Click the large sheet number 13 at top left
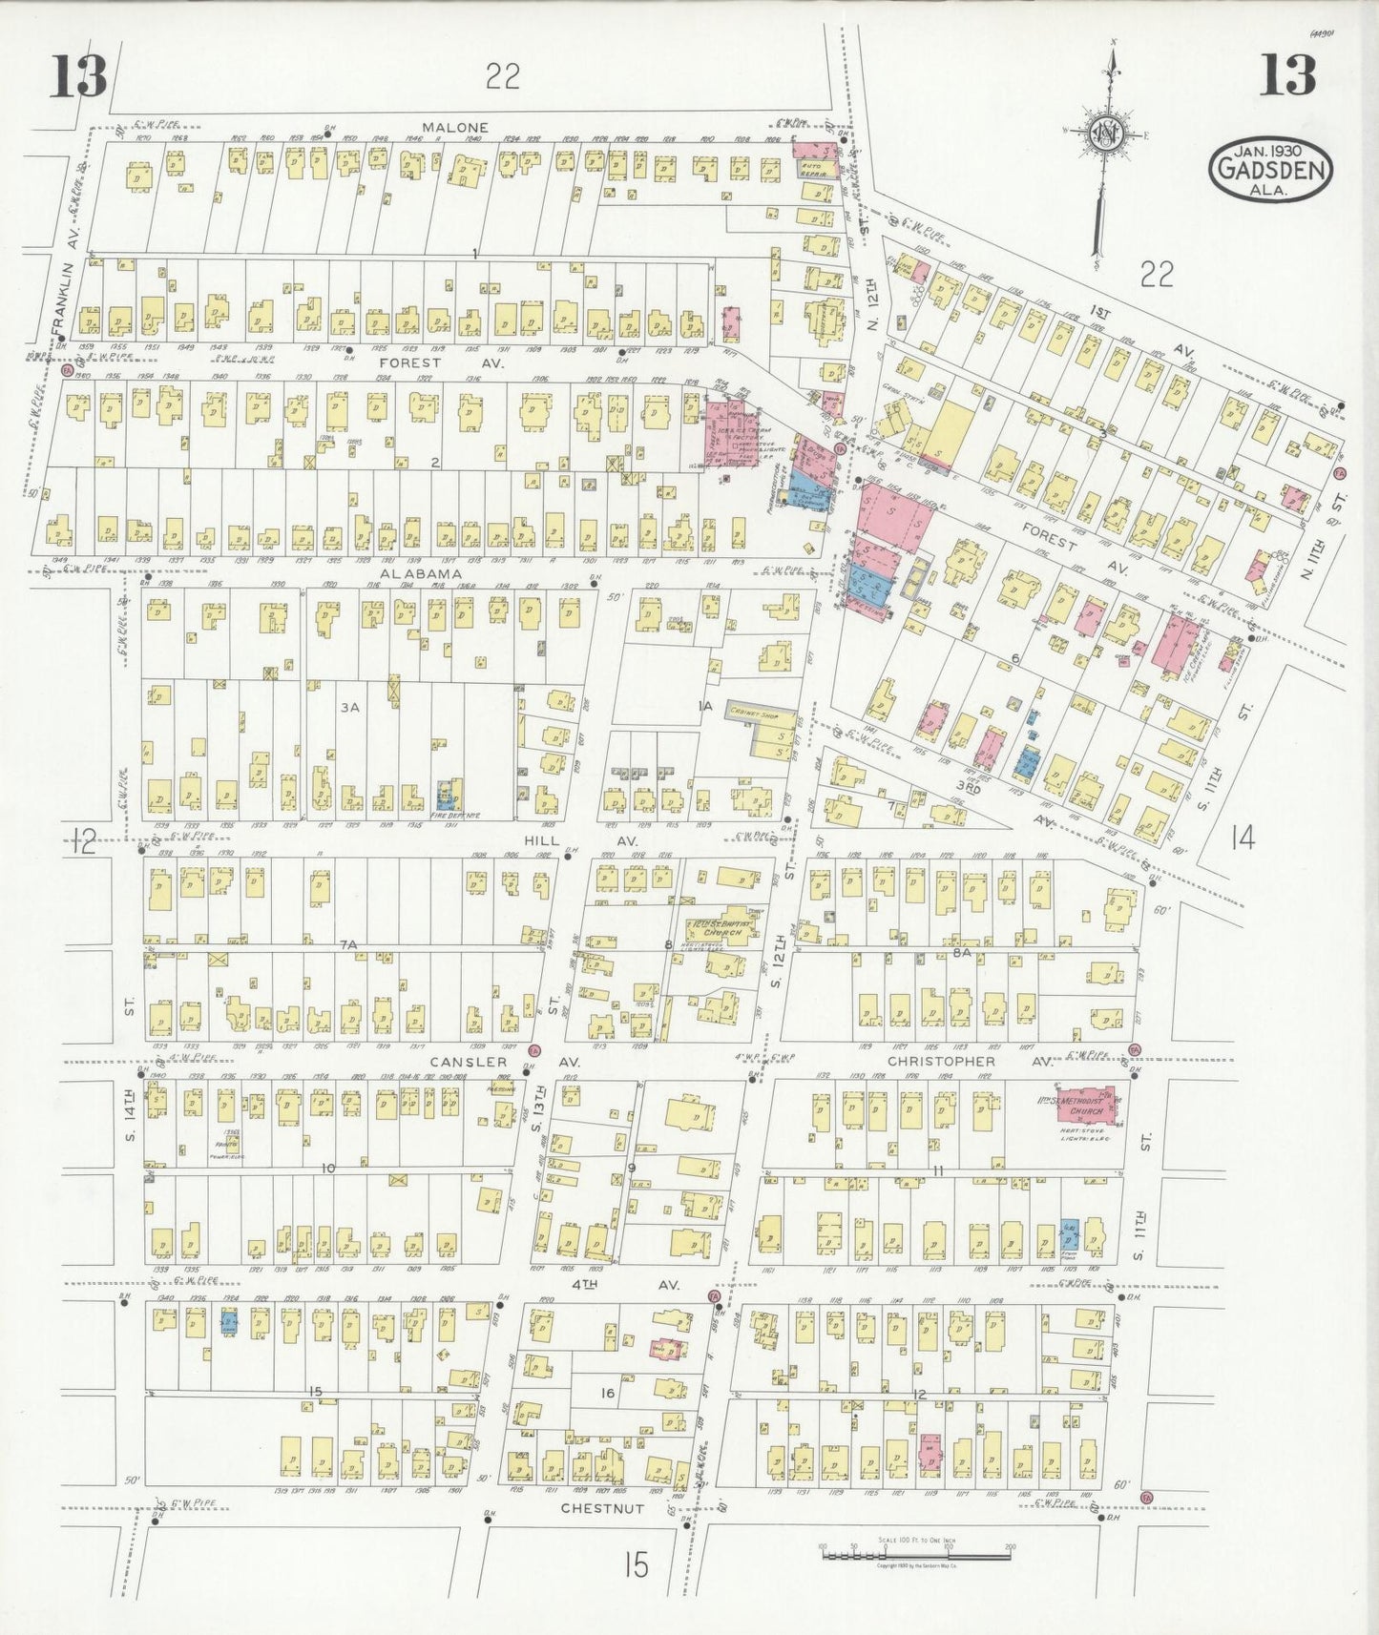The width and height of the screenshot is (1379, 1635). [x=78, y=75]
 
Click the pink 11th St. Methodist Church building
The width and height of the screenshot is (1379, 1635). [x=1086, y=1105]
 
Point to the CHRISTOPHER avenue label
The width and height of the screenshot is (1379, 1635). [x=941, y=1061]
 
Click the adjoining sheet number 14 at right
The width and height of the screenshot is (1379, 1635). [x=1242, y=838]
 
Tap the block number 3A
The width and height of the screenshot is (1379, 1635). [x=349, y=707]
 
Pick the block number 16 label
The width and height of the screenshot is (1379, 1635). [x=607, y=1393]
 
